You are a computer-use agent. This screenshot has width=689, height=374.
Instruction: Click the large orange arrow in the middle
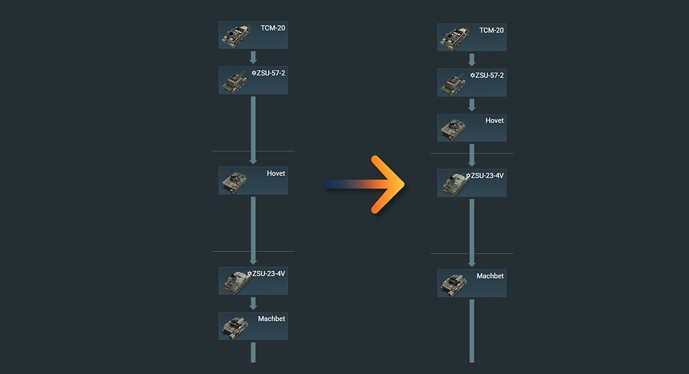tap(382, 185)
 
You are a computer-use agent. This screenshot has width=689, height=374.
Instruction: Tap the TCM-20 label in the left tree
tap(273, 28)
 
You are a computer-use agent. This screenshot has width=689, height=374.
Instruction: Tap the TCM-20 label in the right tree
tap(492, 30)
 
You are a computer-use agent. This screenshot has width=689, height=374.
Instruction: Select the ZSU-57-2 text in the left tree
tap(269, 72)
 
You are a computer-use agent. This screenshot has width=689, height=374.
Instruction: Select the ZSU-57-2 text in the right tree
tap(487, 75)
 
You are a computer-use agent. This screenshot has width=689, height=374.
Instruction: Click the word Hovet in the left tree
tap(276, 173)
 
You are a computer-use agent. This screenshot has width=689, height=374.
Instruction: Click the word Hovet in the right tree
tap(495, 121)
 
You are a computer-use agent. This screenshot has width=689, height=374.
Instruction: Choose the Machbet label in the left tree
tap(271, 319)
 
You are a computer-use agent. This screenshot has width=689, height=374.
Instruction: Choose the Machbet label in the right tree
tap(490, 276)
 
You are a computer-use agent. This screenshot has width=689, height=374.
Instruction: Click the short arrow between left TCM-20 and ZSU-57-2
tap(253, 57)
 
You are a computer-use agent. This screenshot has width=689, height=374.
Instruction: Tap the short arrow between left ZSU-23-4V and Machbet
tap(253, 304)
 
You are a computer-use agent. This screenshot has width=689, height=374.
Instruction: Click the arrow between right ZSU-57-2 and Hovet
tap(472, 105)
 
